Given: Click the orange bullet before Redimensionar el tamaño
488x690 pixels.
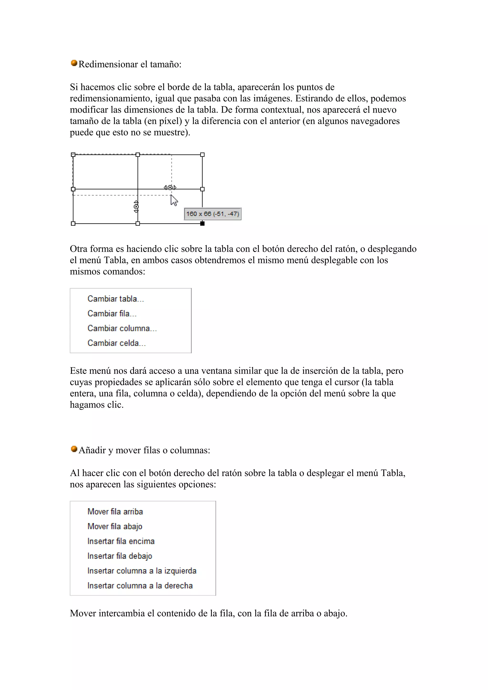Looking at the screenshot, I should coord(74,63).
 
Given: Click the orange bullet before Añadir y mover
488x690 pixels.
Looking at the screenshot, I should coord(74,449).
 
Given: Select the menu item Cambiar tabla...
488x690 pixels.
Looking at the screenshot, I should coord(116,299).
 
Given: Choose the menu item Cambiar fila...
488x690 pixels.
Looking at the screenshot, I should coord(112,313).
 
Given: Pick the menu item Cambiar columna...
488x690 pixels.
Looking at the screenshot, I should coord(122,328).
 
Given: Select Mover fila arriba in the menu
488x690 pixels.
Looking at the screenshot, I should coord(115,511).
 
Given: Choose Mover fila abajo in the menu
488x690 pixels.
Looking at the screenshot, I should coord(115,526).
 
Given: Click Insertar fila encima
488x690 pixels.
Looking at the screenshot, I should coord(121,541).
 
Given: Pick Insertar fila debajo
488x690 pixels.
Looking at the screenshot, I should coord(120,556).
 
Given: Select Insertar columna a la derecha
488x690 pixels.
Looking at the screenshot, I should coord(140,585).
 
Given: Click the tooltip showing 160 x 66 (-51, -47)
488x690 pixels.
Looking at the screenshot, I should coord(213,214).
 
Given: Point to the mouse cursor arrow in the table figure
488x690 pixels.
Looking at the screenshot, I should coord(174,200).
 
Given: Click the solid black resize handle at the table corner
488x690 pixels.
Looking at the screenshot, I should coord(202,223).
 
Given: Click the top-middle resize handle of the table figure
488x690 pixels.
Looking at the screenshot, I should coord(138,155).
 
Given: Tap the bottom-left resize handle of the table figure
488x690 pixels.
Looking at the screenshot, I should coord(73,223).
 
